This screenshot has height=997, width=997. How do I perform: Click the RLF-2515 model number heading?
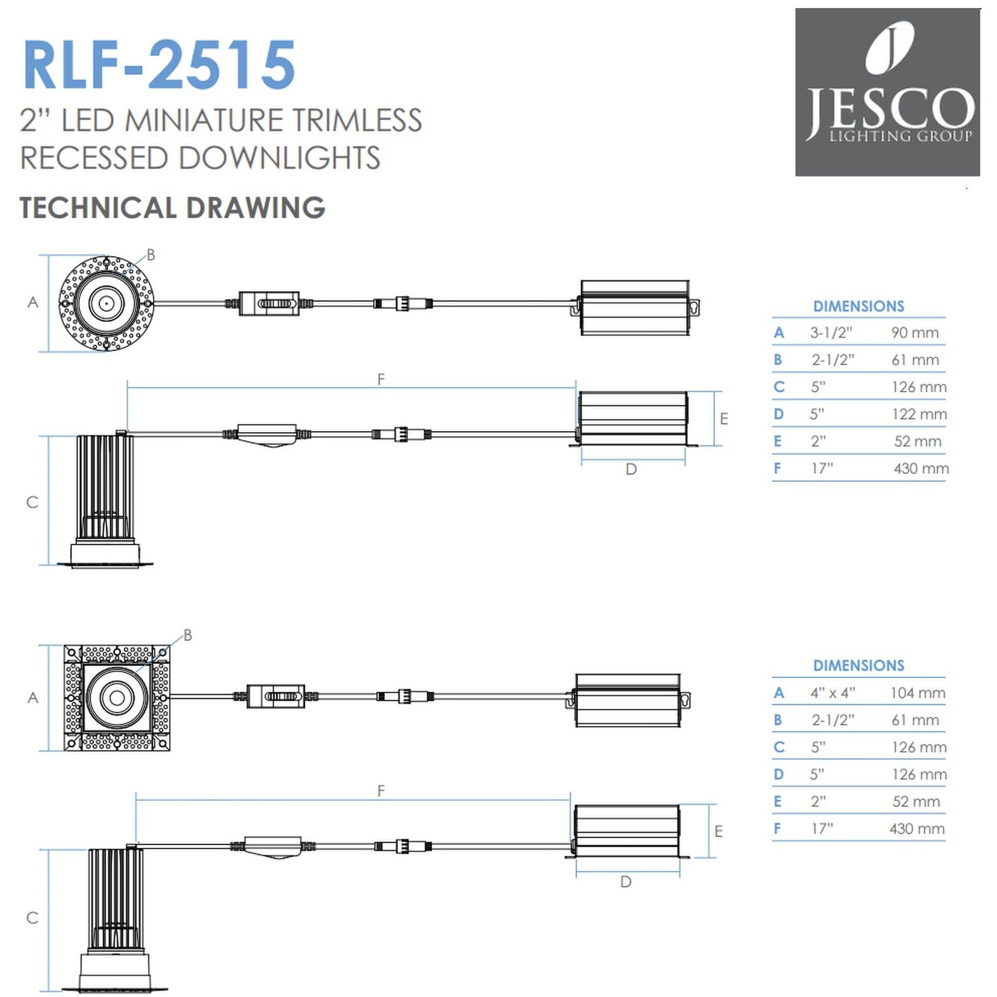point(159,64)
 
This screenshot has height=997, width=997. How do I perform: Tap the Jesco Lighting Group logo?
point(887,92)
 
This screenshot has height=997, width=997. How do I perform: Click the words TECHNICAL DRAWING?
point(172,208)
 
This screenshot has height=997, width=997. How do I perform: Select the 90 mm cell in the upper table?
point(914,333)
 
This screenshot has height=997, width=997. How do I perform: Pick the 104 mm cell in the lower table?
point(917,693)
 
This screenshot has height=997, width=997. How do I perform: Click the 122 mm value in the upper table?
point(919,414)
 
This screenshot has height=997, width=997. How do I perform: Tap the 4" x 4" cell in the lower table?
point(832,693)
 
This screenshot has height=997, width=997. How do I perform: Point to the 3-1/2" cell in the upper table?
point(831,333)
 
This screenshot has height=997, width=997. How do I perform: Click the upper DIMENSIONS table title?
point(858,306)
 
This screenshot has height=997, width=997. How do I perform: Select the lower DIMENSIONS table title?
point(858,665)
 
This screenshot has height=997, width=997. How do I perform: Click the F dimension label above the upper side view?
point(381,379)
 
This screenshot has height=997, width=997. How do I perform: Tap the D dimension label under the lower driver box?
point(626,882)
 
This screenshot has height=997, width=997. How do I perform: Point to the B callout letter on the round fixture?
point(151,255)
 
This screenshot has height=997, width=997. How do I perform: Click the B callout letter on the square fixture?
point(187,635)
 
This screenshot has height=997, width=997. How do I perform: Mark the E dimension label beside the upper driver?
point(724,419)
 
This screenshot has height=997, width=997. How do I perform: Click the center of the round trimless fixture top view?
point(106,304)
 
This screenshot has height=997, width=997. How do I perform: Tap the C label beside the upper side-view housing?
point(32,502)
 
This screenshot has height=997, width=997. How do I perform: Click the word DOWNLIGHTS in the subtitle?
point(279,158)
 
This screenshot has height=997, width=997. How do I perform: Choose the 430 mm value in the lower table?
point(917,829)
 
